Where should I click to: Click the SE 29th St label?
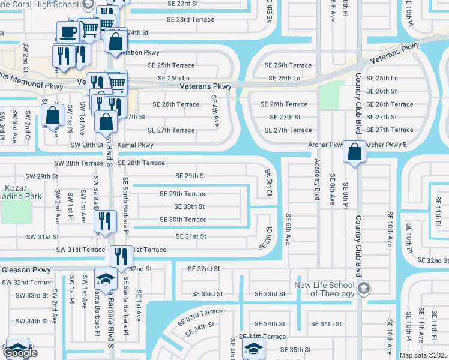click(190, 176)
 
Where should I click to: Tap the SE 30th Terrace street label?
click(183, 220)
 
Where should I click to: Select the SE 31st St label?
click(191, 237)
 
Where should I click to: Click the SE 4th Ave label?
click(214, 111)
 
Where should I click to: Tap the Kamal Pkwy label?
click(137, 146)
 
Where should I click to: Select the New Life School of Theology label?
click(325, 289)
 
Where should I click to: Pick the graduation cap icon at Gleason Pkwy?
click(106, 279)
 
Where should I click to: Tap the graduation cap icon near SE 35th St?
click(253, 348)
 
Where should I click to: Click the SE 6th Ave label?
click(288, 228)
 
